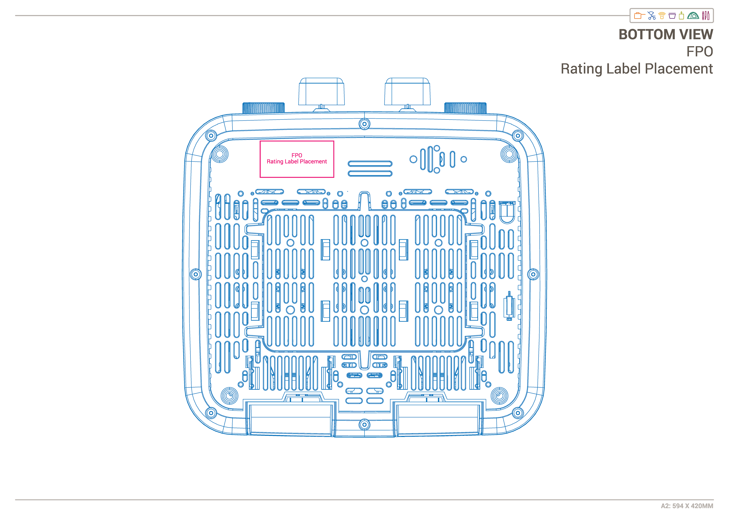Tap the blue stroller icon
coord(652,16)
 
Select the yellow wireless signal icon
coord(662,16)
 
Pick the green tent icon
coord(693,16)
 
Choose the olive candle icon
coord(681,16)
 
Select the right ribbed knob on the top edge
coord(465,108)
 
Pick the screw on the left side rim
coord(196,274)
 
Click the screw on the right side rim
coord(533,274)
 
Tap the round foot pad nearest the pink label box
coord(219,155)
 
